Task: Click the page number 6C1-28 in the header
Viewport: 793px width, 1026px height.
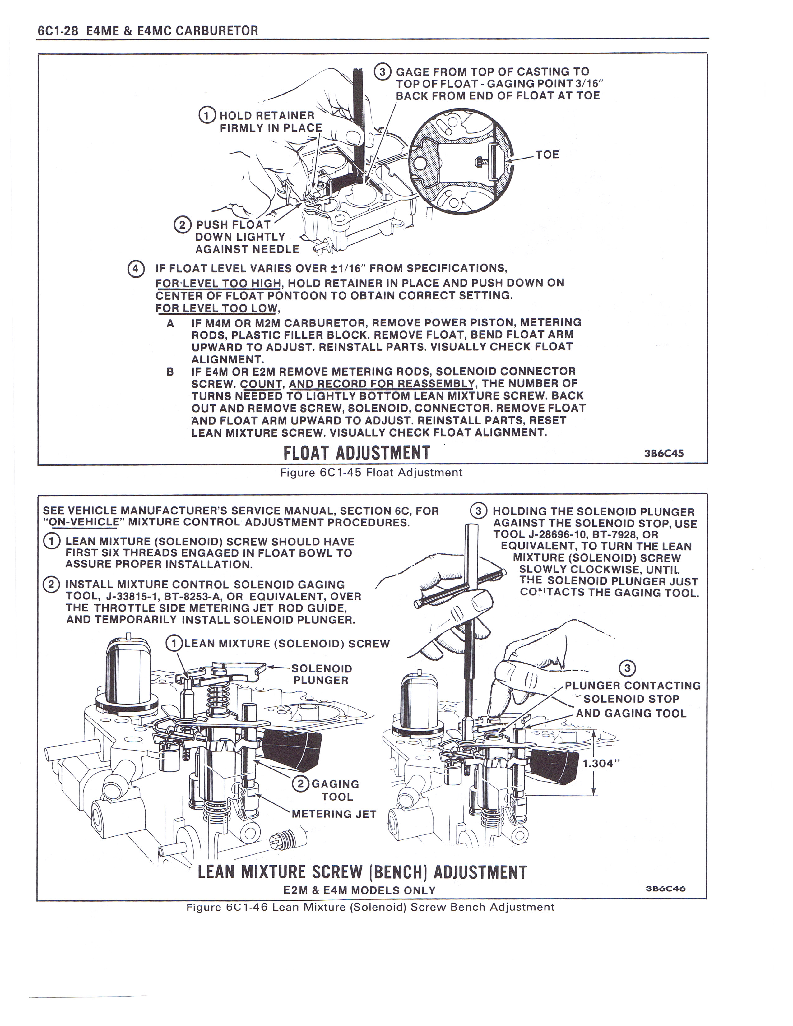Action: click(x=57, y=31)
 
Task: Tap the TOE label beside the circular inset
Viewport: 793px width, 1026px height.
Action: click(x=547, y=155)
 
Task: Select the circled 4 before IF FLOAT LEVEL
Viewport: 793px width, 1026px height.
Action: click(x=136, y=269)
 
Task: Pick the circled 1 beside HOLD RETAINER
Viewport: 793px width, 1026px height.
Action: click(x=207, y=115)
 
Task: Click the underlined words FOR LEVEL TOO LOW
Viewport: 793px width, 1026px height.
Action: click(x=217, y=308)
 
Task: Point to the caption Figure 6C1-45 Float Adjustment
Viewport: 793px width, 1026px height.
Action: click(x=371, y=472)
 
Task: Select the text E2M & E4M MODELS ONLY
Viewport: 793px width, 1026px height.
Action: click(x=359, y=890)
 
